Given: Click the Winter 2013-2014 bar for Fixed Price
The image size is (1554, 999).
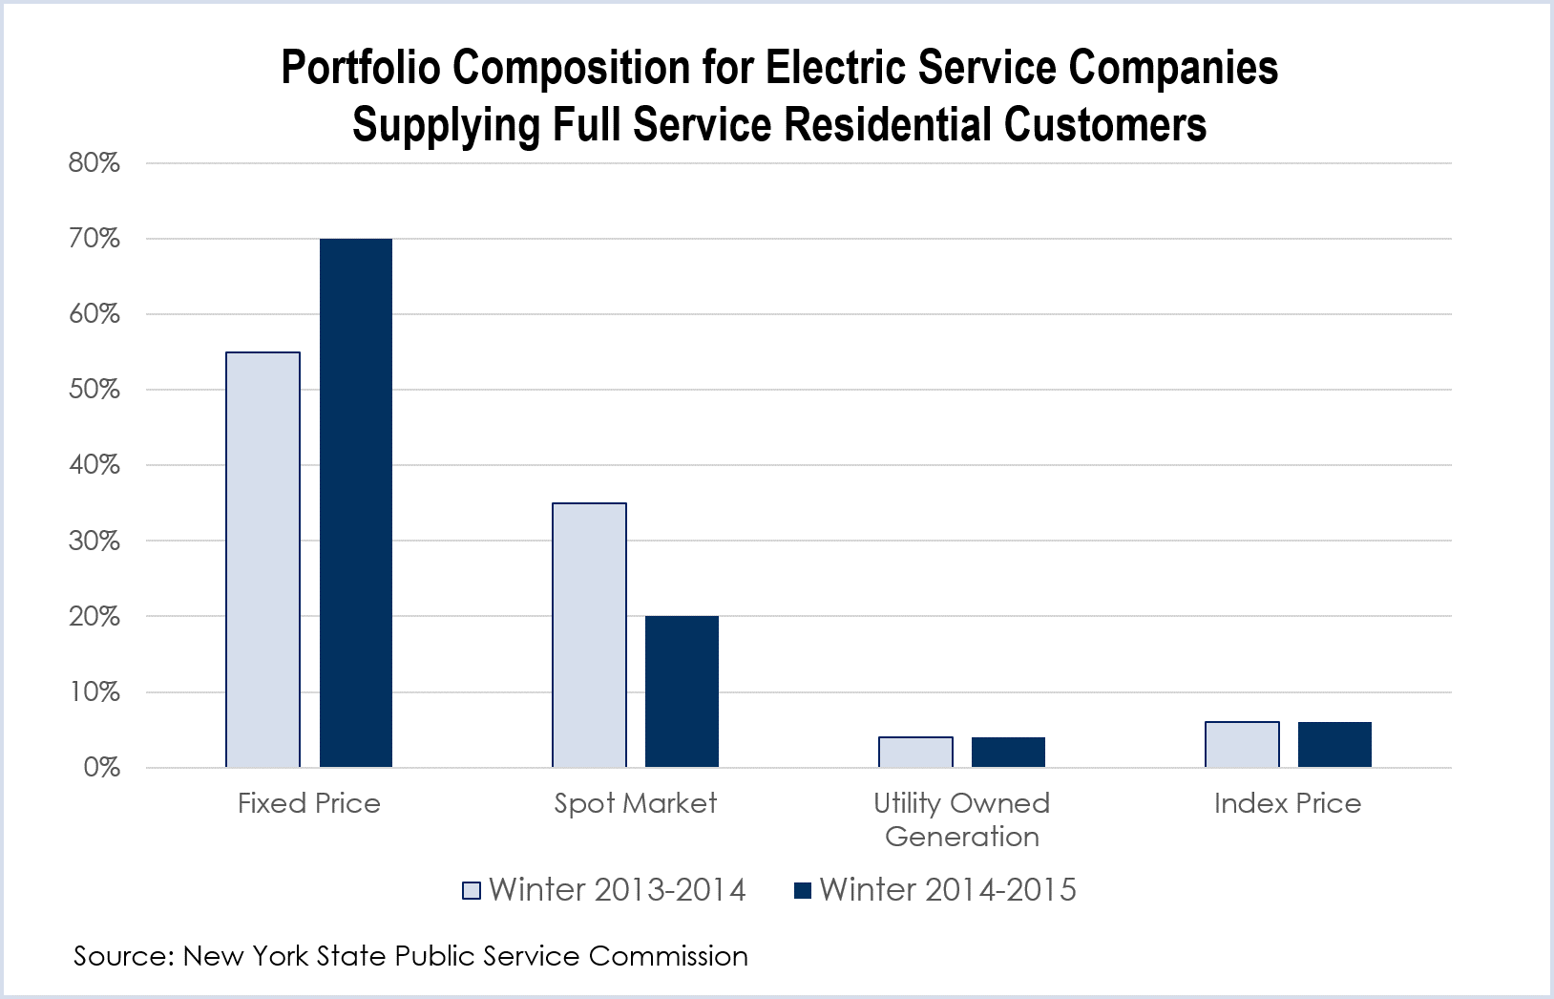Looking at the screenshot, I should (263, 560).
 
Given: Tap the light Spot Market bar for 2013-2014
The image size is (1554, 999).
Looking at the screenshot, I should (590, 635).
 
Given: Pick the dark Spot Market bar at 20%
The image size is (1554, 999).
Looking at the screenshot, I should (682, 691).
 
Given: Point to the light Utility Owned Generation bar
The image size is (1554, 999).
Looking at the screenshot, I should (916, 753).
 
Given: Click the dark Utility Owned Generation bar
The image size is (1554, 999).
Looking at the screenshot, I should (1009, 753).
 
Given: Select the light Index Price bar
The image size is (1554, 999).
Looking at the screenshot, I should (1243, 745).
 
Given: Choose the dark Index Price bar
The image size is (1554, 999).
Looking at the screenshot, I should (1335, 745).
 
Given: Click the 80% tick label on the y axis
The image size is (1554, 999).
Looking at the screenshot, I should (94, 163).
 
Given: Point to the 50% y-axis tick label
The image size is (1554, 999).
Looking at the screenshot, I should (94, 390).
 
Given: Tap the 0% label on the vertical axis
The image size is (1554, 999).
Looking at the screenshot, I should (101, 768).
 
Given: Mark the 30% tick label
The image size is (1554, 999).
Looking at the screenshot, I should (94, 541).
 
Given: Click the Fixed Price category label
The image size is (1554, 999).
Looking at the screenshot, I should (309, 803).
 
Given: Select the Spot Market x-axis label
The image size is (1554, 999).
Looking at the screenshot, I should (636, 803).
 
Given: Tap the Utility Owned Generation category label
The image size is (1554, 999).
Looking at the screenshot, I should (962, 819).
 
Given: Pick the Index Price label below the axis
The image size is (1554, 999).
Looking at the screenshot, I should (1288, 803).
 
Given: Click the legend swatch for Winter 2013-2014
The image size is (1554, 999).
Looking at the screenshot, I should (472, 891).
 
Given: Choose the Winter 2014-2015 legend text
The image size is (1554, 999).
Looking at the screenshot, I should (948, 890).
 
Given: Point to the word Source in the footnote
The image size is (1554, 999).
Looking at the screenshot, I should (118, 956).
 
